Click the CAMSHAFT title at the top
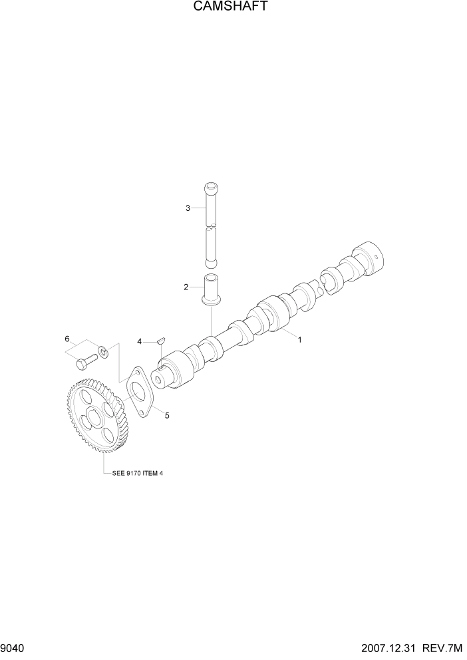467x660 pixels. pos(233,7)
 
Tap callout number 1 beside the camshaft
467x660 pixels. pos(300,339)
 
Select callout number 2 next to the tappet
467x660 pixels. pos(187,287)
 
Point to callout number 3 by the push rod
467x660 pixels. pos(188,208)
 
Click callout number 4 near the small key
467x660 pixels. pos(140,341)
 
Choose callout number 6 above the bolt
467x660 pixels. pos(67,339)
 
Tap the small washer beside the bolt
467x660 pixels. pos(103,350)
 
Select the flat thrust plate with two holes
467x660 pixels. pos(138,392)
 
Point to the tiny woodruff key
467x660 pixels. pos(160,341)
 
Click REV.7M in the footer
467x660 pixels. pos(443,648)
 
